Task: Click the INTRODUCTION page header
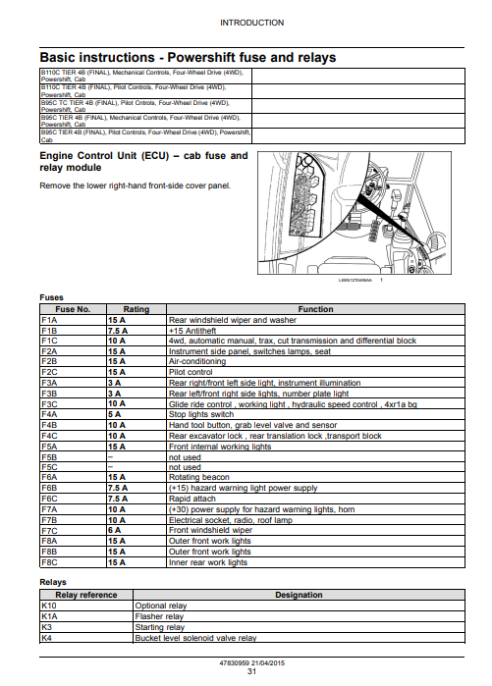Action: (251, 23)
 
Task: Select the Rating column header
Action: (137, 309)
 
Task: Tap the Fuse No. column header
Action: (73, 309)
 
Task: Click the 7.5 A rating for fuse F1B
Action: (118, 331)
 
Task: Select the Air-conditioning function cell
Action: (197, 361)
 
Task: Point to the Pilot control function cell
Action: (191, 372)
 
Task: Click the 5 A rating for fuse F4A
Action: (114, 414)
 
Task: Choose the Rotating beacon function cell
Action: (199, 477)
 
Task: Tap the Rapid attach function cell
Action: (192, 499)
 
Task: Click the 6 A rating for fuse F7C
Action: (114, 530)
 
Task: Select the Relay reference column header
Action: (86, 595)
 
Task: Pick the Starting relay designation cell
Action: (160, 627)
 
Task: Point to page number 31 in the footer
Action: (251, 671)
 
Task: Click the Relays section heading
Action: (53, 582)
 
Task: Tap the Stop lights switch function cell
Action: (201, 414)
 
